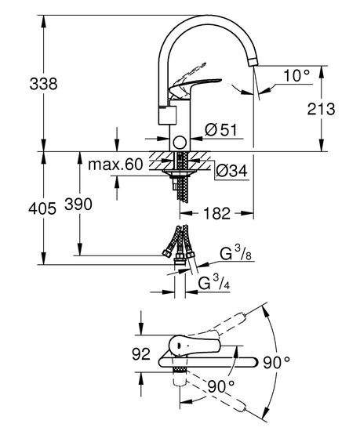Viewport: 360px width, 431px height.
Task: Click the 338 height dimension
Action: click(x=42, y=84)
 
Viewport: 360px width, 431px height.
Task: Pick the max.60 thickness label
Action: click(x=115, y=165)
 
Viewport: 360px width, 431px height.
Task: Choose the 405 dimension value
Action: click(x=42, y=208)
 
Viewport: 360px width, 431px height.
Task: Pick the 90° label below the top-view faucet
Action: click(x=222, y=386)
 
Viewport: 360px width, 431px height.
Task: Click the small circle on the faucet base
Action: click(x=180, y=142)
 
